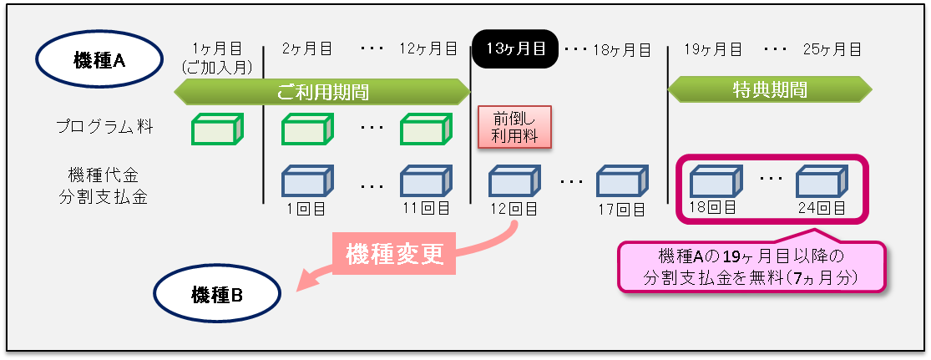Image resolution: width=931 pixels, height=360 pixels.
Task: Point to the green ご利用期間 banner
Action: tap(322, 91)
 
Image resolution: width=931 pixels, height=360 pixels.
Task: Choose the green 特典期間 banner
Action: tap(769, 88)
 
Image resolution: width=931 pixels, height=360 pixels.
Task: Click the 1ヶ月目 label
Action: tap(216, 49)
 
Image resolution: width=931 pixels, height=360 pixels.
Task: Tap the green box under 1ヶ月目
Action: tap(217, 129)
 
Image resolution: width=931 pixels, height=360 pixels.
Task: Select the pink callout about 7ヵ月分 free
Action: tap(751, 267)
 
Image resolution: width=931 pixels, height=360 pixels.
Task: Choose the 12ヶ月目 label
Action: tap(428, 49)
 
